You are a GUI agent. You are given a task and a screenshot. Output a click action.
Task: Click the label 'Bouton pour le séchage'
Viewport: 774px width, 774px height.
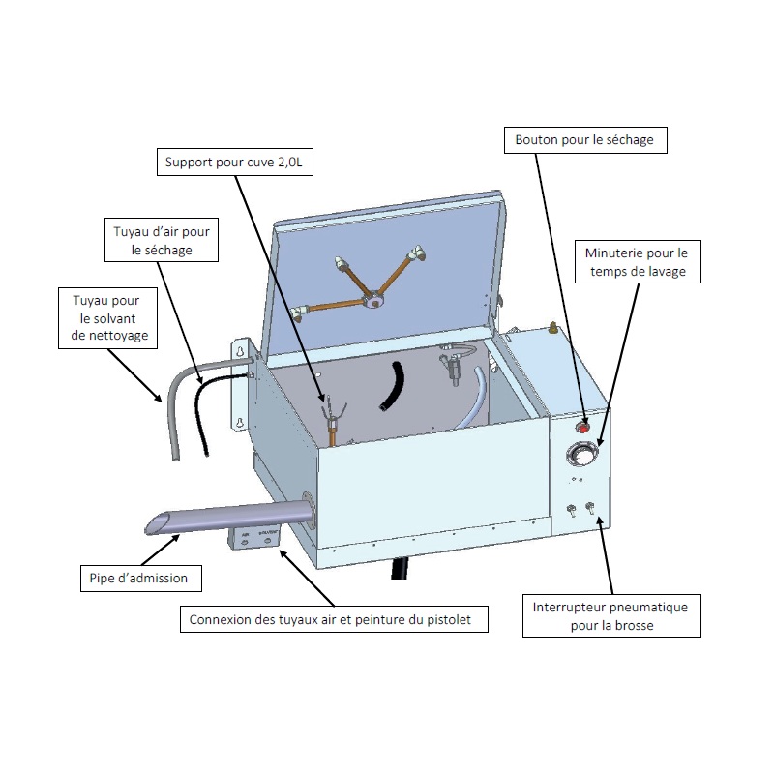click(584, 140)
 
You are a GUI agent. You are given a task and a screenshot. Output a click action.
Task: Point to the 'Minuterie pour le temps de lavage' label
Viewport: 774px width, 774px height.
click(636, 262)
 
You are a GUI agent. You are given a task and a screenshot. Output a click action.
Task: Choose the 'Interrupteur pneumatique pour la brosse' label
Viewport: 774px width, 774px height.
click(610, 616)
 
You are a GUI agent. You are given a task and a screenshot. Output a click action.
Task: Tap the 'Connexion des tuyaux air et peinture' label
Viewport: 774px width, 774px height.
click(334, 620)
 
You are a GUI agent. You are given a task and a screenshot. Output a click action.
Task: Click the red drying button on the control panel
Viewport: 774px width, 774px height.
click(583, 426)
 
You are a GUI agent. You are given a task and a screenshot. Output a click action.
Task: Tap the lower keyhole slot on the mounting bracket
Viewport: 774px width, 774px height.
click(237, 423)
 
